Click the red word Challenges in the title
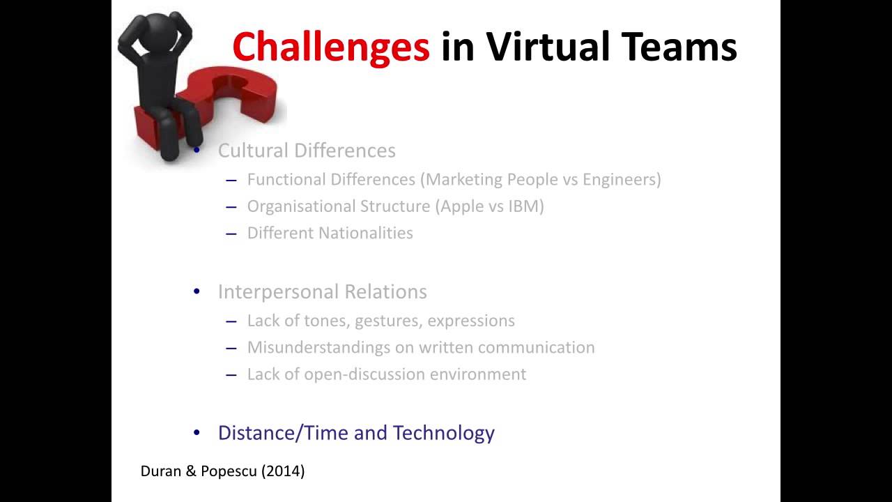[330, 47]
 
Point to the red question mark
[237, 98]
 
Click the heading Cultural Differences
[307, 151]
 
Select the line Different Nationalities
[330, 233]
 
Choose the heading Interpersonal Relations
[322, 291]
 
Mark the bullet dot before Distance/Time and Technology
[197, 433]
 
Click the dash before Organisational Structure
[231, 207]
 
